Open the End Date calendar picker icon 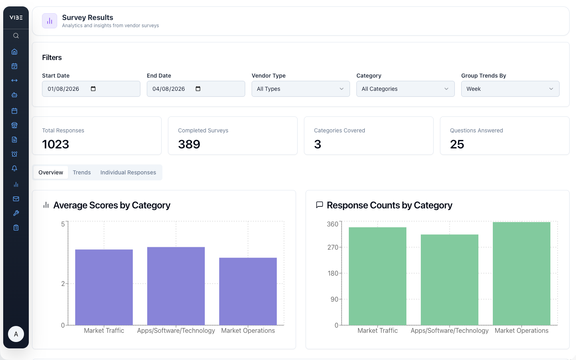pos(198,89)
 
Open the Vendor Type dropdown pos(300,89)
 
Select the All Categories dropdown pos(405,89)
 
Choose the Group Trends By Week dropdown pos(510,89)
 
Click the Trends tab pos(82,172)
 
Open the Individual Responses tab pos(128,172)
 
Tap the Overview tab pos(51,172)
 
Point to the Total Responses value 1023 pos(56,144)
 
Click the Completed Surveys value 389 pos(189,144)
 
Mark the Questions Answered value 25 pos(457,144)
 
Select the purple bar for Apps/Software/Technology pos(176,286)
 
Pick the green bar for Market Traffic pos(378,276)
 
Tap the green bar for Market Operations pos(522,274)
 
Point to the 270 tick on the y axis pos(333,247)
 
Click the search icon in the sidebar pos(16,36)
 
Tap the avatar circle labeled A pos(16,334)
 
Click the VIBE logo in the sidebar pos(16,18)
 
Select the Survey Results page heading pos(88,18)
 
